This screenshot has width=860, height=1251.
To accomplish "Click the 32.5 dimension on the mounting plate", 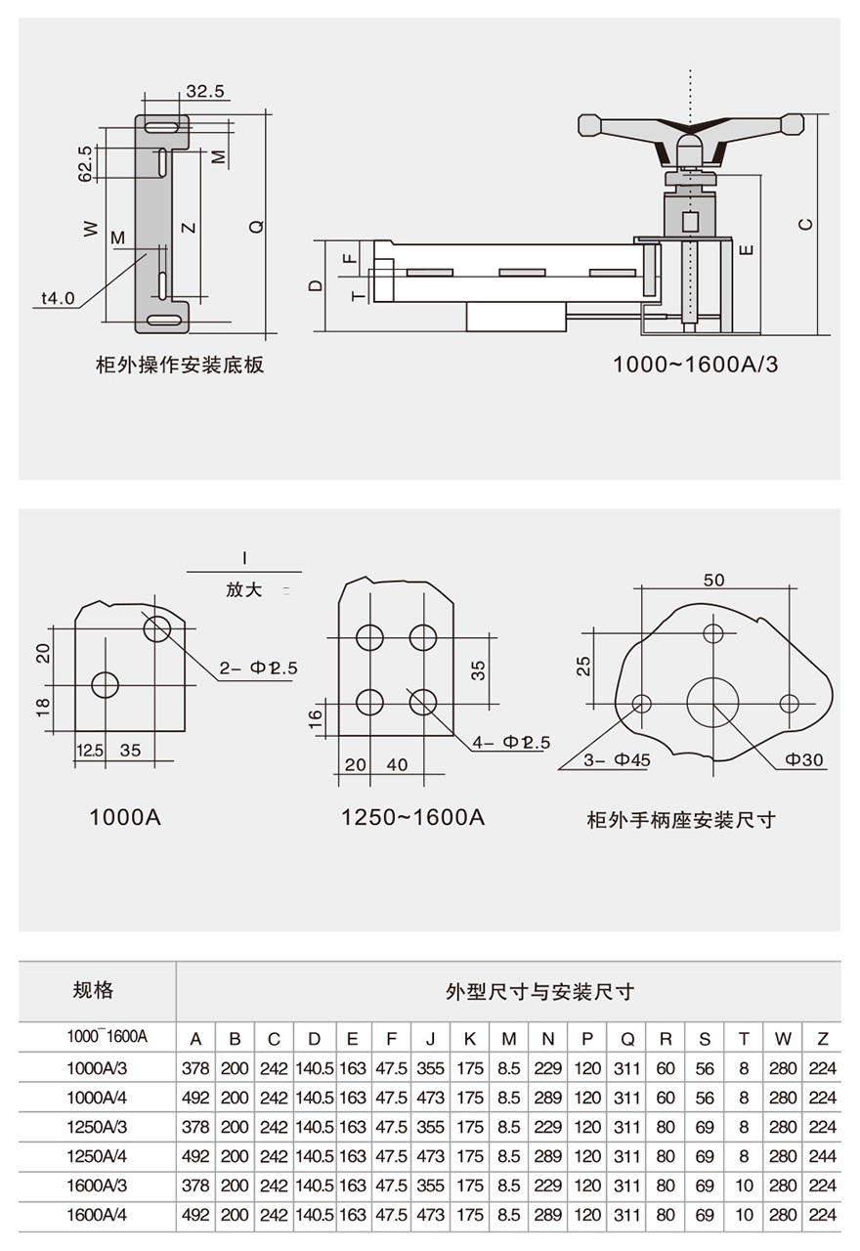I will (x=205, y=92).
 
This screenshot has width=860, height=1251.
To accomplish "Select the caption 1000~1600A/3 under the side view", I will (x=695, y=365).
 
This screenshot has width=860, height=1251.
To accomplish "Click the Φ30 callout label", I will (x=804, y=758).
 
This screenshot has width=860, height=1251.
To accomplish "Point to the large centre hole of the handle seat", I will (x=713, y=703).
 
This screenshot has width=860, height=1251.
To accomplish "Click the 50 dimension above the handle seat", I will (x=713, y=581).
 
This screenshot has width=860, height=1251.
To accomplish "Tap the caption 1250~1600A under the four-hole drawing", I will (x=412, y=817).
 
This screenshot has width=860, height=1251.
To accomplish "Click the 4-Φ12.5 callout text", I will (x=511, y=742).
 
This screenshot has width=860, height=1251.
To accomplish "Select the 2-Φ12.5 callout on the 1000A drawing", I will (x=258, y=669).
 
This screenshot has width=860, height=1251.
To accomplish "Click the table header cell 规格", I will (x=94, y=990).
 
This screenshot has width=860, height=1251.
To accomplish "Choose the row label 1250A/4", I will (x=97, y=1156).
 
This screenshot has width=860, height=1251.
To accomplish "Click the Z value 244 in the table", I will (x=823, y=1156).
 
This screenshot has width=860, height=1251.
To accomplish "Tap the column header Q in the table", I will (x=626, y=1039).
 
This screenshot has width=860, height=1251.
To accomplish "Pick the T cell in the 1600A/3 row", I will (x=744, y=1186).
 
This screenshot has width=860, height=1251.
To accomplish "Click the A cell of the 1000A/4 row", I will (x=195, y=1098).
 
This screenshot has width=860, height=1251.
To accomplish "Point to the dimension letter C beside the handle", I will (x=805, y=224).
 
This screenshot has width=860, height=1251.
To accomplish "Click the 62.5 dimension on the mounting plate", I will (x=85, y=163).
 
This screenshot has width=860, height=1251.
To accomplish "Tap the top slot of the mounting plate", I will (x=162, y=127).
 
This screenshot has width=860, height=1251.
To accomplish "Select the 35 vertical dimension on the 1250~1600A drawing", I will (x=478, y=670).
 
